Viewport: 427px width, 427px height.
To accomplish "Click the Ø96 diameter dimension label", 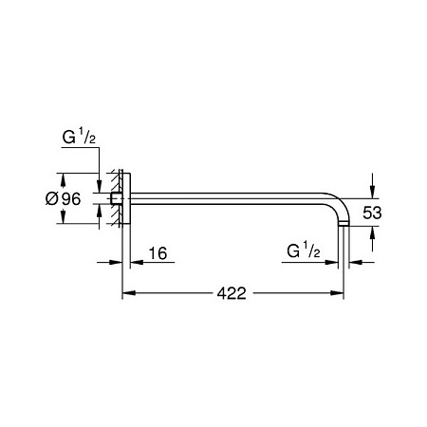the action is pyautogui.click(x=63, y=198).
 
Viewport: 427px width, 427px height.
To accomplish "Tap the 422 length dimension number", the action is pyautogui.click(x=232, y=293).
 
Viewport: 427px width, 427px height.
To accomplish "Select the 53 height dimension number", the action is pyautogui.click(x=372, y=213).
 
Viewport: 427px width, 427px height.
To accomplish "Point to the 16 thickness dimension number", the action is pyautogui.click(x=158, y=253).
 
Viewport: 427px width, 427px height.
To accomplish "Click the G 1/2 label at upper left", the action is pyautogui.click(x=79, y=138).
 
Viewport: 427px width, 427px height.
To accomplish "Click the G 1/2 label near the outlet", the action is pyautogui.click(x=304, y=251).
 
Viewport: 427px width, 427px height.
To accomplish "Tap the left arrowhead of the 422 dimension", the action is pyautogui.click(x=129, y=293).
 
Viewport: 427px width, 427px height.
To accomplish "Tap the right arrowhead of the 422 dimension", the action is pyautogui.click(x=337, y=293).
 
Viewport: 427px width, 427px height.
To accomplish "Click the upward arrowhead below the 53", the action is pyautogui.click(x=373, y=232).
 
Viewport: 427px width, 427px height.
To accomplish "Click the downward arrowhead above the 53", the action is pyautogui.click(x=373, y=192).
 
